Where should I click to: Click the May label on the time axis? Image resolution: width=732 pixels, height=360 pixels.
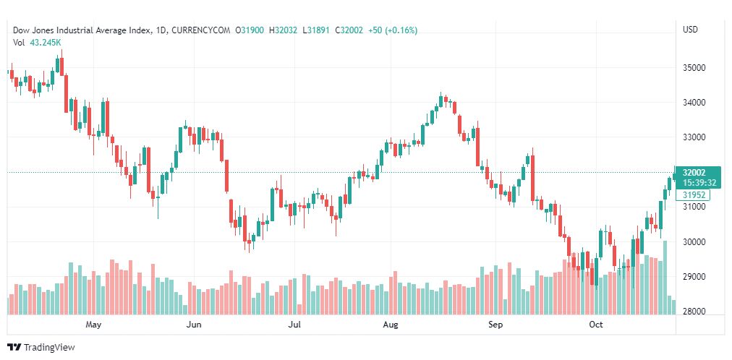click(x=93, y=325)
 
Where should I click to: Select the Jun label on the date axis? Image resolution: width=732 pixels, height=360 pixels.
click(x=193, y=325)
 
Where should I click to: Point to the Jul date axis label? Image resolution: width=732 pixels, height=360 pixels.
click(x=294, y=325)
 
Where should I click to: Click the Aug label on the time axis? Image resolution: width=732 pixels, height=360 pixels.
click(x=391, y=325)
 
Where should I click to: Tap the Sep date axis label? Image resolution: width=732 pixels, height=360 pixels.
click(x=495, y=325)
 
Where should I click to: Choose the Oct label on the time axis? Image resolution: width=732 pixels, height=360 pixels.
click(x=596, y=325)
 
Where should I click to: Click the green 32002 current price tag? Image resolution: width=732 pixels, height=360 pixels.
click(x=694, y=173)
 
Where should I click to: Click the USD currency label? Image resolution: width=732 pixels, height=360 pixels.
click(x=690, y=30)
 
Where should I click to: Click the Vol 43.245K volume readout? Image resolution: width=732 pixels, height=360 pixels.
click(x=37, y=42)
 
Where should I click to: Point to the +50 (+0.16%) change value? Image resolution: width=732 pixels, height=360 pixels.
click(x=392, y=30)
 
